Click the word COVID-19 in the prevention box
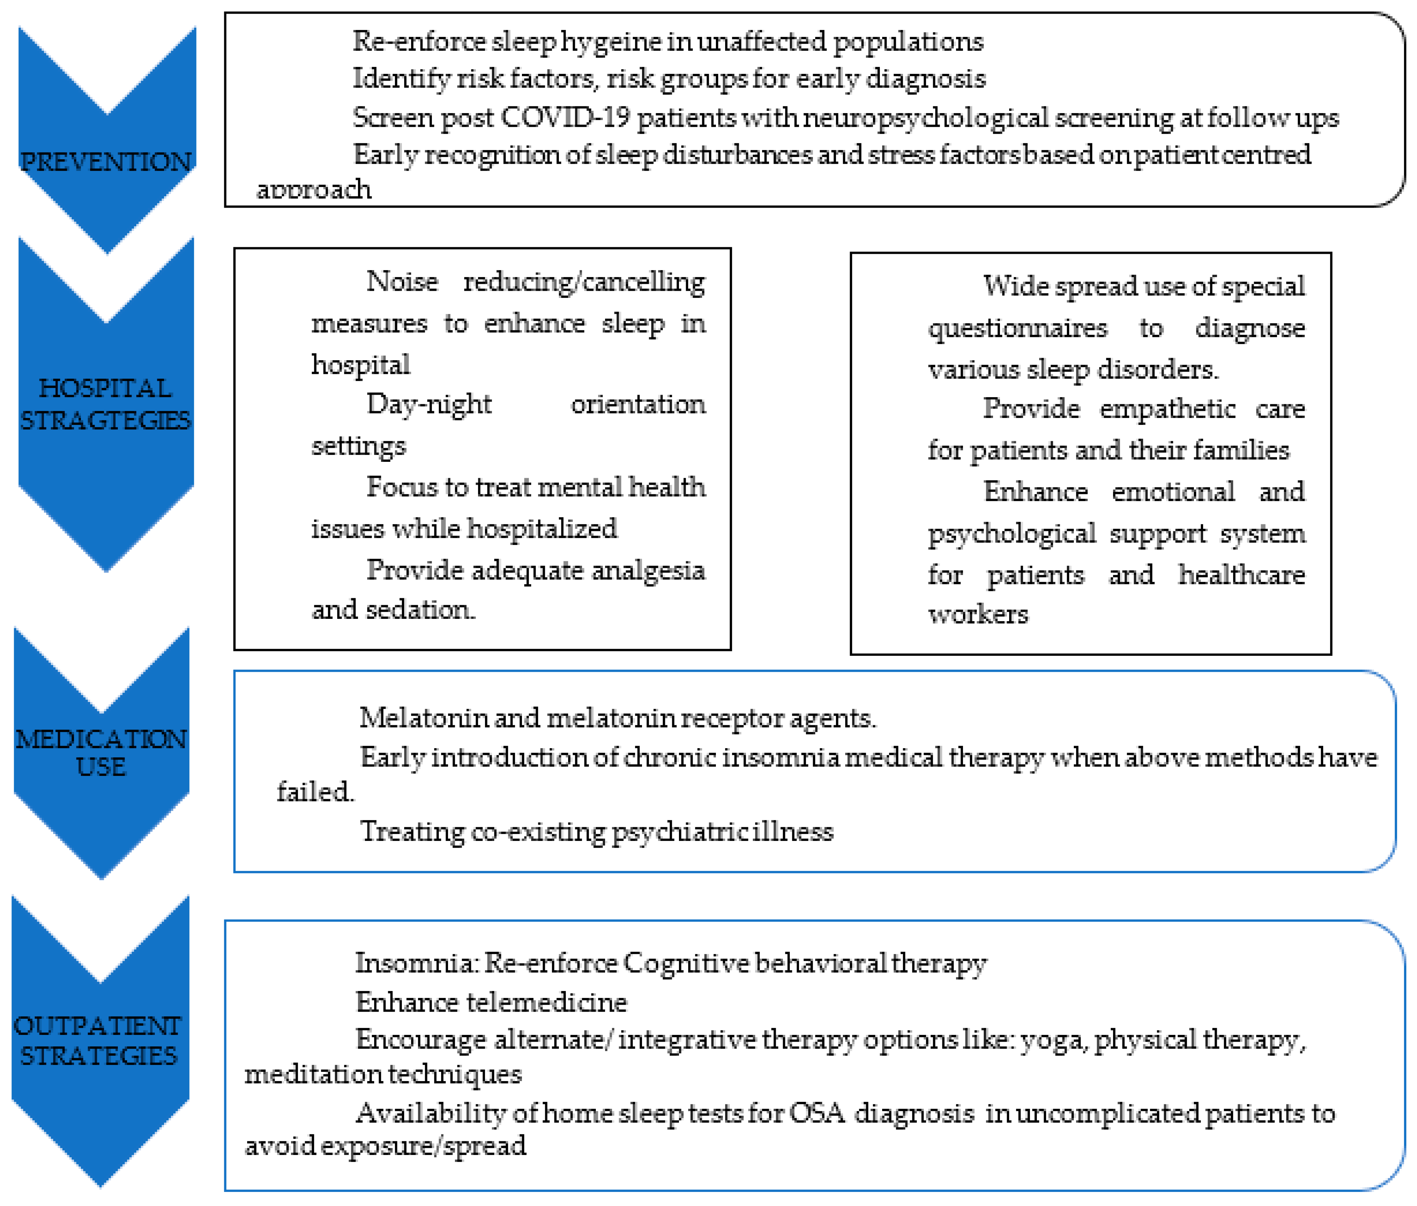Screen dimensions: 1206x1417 (x=564, y=117)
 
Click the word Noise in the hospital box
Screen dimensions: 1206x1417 (x=402, y=281)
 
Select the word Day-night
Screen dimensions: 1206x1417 (x=428, y=405)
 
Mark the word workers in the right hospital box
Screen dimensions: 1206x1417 (x=977, y=614)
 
